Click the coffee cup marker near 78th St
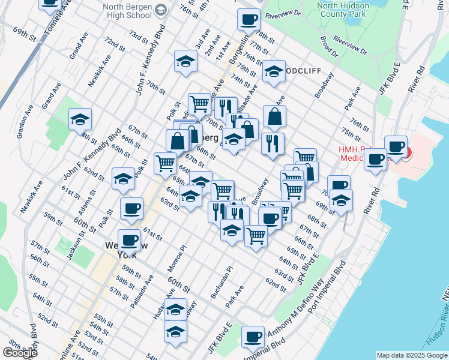point(249,19)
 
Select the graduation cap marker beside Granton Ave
point(80,119)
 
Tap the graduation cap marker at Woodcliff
point(274,71)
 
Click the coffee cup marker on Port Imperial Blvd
point(253,336)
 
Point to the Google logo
point(20,353)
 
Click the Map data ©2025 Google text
point(411,355)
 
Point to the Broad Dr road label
point(330,47)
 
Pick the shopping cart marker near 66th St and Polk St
point(164,162)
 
